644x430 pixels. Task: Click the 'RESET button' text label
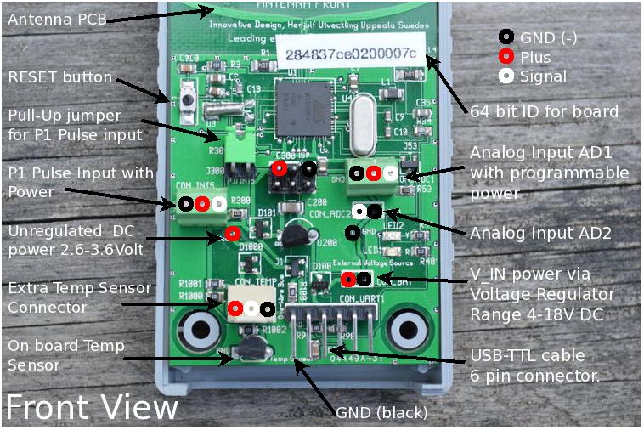point(59,77)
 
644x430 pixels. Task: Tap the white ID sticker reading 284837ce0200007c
point(350,54)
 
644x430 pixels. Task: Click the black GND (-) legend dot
point(507,37)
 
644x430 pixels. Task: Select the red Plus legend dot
point(507,57)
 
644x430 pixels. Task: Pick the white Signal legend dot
point(507,76)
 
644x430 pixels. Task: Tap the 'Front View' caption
point(91,408)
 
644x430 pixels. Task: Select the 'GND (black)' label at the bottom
point(381,413)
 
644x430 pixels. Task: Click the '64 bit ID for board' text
point(544,111)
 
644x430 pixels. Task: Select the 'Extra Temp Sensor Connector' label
point(79,297)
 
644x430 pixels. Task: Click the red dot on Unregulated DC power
point(232,234)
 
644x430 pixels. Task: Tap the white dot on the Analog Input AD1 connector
point(389,173)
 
